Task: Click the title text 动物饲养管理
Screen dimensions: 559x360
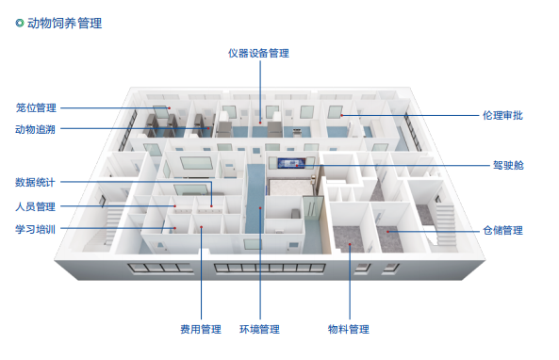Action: point(65,23)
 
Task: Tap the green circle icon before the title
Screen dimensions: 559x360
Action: point(20,23)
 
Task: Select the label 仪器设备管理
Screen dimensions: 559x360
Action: point(258,53)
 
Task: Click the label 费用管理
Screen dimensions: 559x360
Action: point(201,329)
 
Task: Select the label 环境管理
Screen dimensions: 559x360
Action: point(259,329)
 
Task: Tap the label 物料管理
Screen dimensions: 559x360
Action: point(348,329)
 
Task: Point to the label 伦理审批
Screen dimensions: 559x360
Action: point(502,116)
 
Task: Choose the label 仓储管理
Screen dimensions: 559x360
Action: point(502,229)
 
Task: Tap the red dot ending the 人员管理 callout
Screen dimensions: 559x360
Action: point(173,206)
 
